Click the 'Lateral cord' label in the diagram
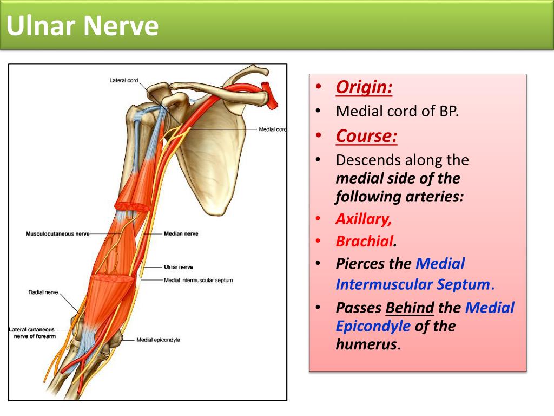click(124, 80)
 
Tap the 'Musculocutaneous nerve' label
click(57, 234)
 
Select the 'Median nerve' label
click(181, 234)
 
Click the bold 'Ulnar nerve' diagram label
click(179, 267)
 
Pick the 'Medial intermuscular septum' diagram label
click(198, 280)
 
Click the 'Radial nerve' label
click(43, 292)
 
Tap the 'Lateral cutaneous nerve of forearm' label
click(32, 333)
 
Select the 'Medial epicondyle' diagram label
click(158, 340)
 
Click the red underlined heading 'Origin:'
click(364, 87)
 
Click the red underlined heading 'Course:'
click(366, 136)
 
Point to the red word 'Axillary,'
click(364, 219)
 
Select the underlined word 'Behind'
click(410, 308)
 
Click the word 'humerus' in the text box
click(366, 344)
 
